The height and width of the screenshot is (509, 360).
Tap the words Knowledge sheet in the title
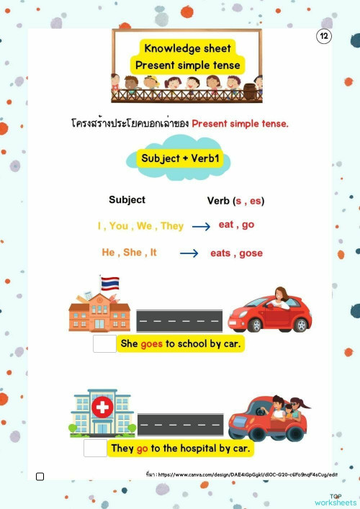tap(187, 48)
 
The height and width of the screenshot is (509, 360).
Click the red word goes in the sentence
tap(152, 343)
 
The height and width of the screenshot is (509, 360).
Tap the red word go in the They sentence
tap(142, 448)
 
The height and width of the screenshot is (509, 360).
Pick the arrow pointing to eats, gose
tap(189, 253)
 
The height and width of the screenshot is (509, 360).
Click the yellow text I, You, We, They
tap(140, 226)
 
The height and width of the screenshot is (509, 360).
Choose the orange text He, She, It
tap(129, 253)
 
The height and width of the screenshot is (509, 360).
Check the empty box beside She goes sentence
tap(104, 344)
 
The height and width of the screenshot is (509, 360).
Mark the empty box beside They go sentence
tap(95, 448)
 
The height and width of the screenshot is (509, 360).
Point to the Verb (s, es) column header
tap(235, 201)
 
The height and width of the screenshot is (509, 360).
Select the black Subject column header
tap(127, 199)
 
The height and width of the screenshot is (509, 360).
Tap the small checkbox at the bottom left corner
tap(40, 476)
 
